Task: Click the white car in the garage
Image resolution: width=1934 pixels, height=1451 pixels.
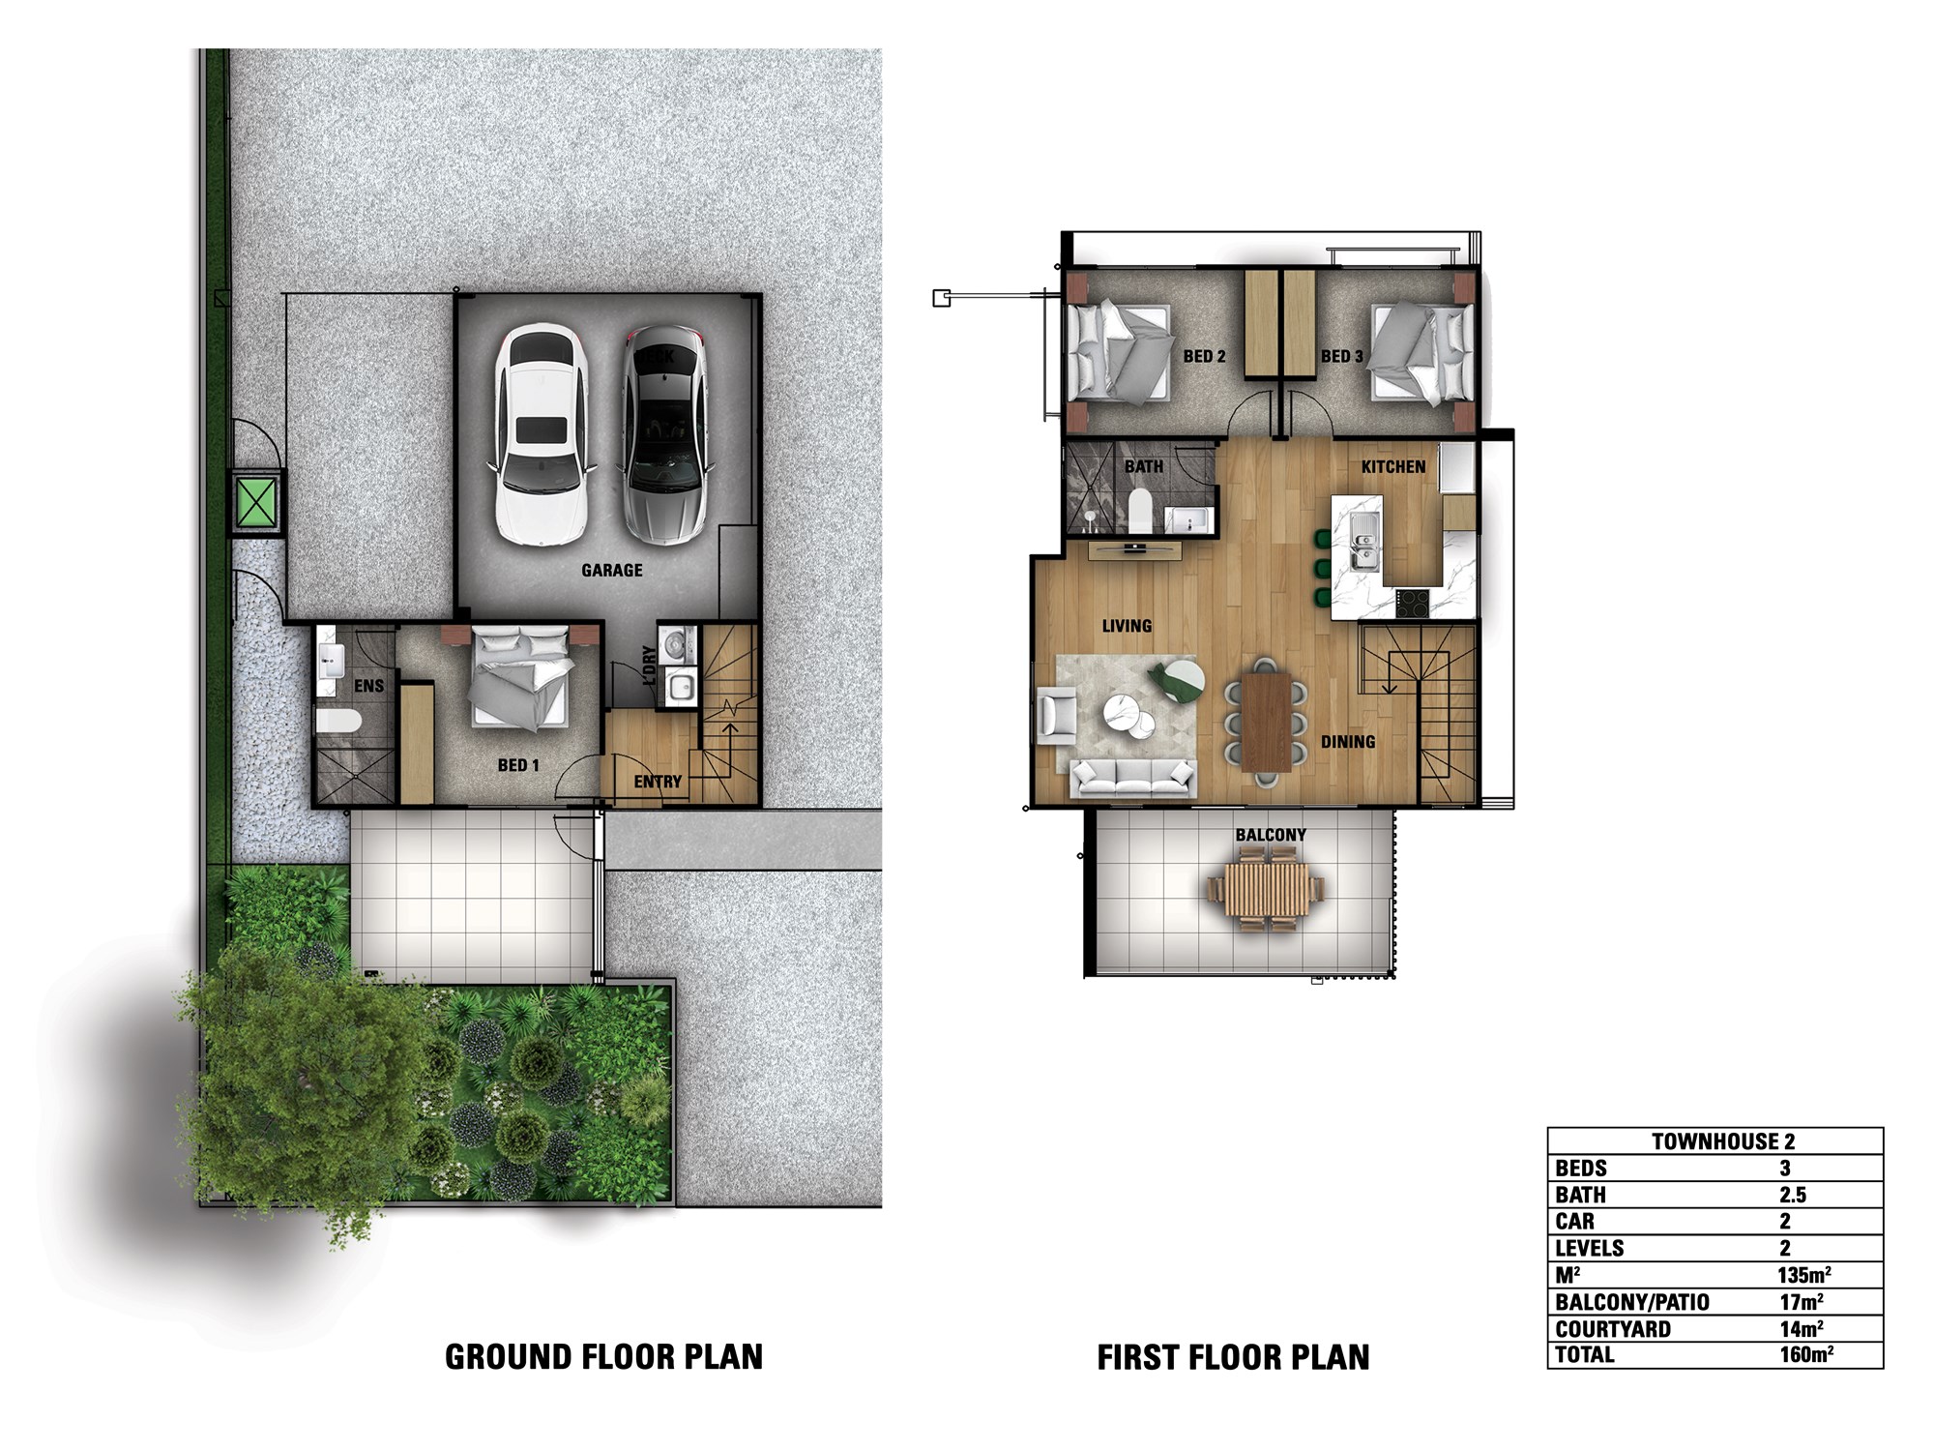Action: point(541,434)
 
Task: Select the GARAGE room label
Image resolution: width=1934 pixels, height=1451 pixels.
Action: point(612,571)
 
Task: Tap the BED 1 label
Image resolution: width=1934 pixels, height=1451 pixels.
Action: point(518,765)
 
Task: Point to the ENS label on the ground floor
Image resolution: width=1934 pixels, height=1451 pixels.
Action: point(368,686)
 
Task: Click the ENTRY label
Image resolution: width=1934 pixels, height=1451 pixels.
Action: point(658,782)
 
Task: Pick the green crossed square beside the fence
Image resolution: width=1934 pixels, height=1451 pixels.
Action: point(256,501)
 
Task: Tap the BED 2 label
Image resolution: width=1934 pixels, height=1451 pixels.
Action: point(1204,357)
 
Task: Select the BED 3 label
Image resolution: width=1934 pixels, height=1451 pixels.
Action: point(1342,357)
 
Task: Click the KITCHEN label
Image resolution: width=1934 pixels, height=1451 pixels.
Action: point(1393,467)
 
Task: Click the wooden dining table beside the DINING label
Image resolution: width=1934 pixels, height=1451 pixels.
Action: point(1266,721)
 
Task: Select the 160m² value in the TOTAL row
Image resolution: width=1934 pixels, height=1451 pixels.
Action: point(1805,1355)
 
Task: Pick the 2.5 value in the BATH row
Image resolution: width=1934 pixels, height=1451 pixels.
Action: point(1793,1196)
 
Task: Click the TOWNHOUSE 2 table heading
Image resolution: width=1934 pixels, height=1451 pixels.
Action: point(1723,1141)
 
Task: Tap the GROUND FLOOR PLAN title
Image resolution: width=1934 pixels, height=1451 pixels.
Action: point(603,1357)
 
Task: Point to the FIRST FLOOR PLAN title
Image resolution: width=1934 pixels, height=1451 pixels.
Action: point(1233,1357)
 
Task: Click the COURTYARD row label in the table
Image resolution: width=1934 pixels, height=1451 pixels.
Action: point(1613,1329)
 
